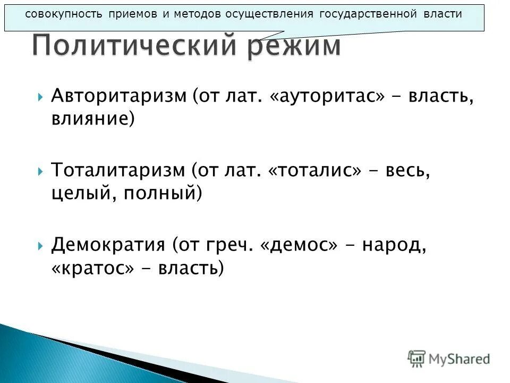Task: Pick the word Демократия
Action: pyautogui.click(x=108, y=245)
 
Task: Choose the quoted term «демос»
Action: pyautogui.click(x=300, y=245)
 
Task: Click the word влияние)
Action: pyautogui.click(x=92, y=118)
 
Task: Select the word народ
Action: pyautogui.click(x=395, y=245)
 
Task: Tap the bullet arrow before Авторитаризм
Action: pyautogui.click(x=40, y=97)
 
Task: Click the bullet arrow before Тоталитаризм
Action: pyautogui.click(x=40, y=172)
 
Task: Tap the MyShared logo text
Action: pyautogui.click(x=459, y=359)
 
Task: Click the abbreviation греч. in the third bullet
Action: pyautogui.click(x=233, y=245)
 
